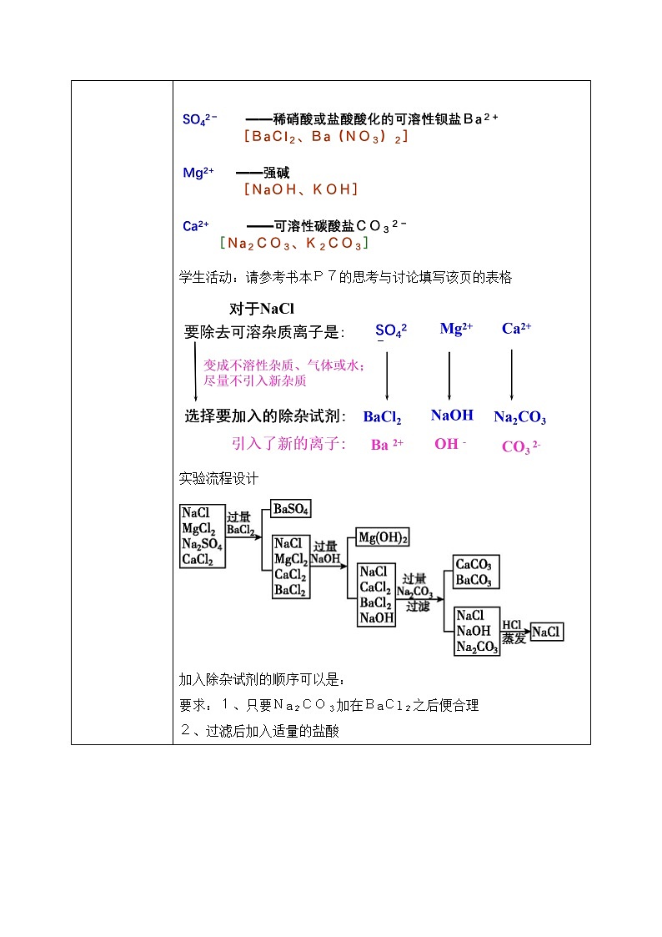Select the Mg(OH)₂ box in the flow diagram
(x=383, y=538)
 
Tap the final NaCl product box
(x=546, y=632)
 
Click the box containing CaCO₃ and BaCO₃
(x=474, y=572)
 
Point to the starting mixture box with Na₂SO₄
(x=203, y=537)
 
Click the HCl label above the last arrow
(x=512, y=624)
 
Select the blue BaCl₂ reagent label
(x=382, y=417)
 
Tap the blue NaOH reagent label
(x=452, y=415)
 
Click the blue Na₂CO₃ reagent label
(x=519, y=417)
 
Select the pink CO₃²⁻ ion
(x=521, y=447)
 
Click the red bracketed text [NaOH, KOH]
(x=301, y=189)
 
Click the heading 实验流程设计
(x=219, y=479)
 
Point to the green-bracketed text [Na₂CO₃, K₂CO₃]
(x=293, y=244)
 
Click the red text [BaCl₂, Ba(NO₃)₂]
(x=326, y=136)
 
